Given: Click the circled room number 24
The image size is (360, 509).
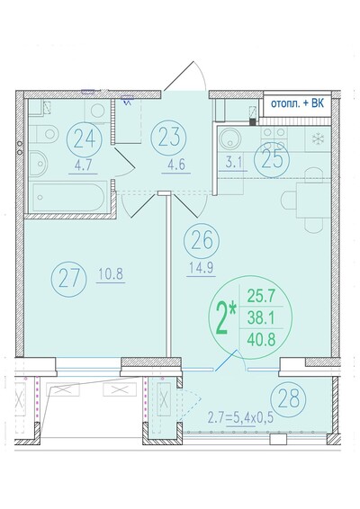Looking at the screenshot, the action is pos(85,139).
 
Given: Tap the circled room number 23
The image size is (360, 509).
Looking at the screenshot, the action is pos(169,137).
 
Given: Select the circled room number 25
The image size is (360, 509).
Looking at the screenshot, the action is pos(272,160).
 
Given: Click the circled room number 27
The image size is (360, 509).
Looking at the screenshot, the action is pos(69,279).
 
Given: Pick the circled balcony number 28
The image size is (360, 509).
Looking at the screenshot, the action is pos(289,398).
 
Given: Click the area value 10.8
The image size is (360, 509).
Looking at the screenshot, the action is pos(111,274).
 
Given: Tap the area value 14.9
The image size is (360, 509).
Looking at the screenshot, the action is pos(201,268).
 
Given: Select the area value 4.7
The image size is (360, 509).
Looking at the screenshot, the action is pos(84,165).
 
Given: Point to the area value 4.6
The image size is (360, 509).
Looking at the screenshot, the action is pos(176,165).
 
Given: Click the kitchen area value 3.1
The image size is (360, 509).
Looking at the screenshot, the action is pos(235,162).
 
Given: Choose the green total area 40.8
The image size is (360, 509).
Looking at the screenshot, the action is pos(261,340).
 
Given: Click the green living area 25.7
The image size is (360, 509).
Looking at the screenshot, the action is pos(261,296).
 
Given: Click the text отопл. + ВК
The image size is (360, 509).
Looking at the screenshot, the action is pos(297,104).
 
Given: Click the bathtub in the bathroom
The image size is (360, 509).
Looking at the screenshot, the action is pos(68,197).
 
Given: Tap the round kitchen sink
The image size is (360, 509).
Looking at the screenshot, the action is pos(229,138).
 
